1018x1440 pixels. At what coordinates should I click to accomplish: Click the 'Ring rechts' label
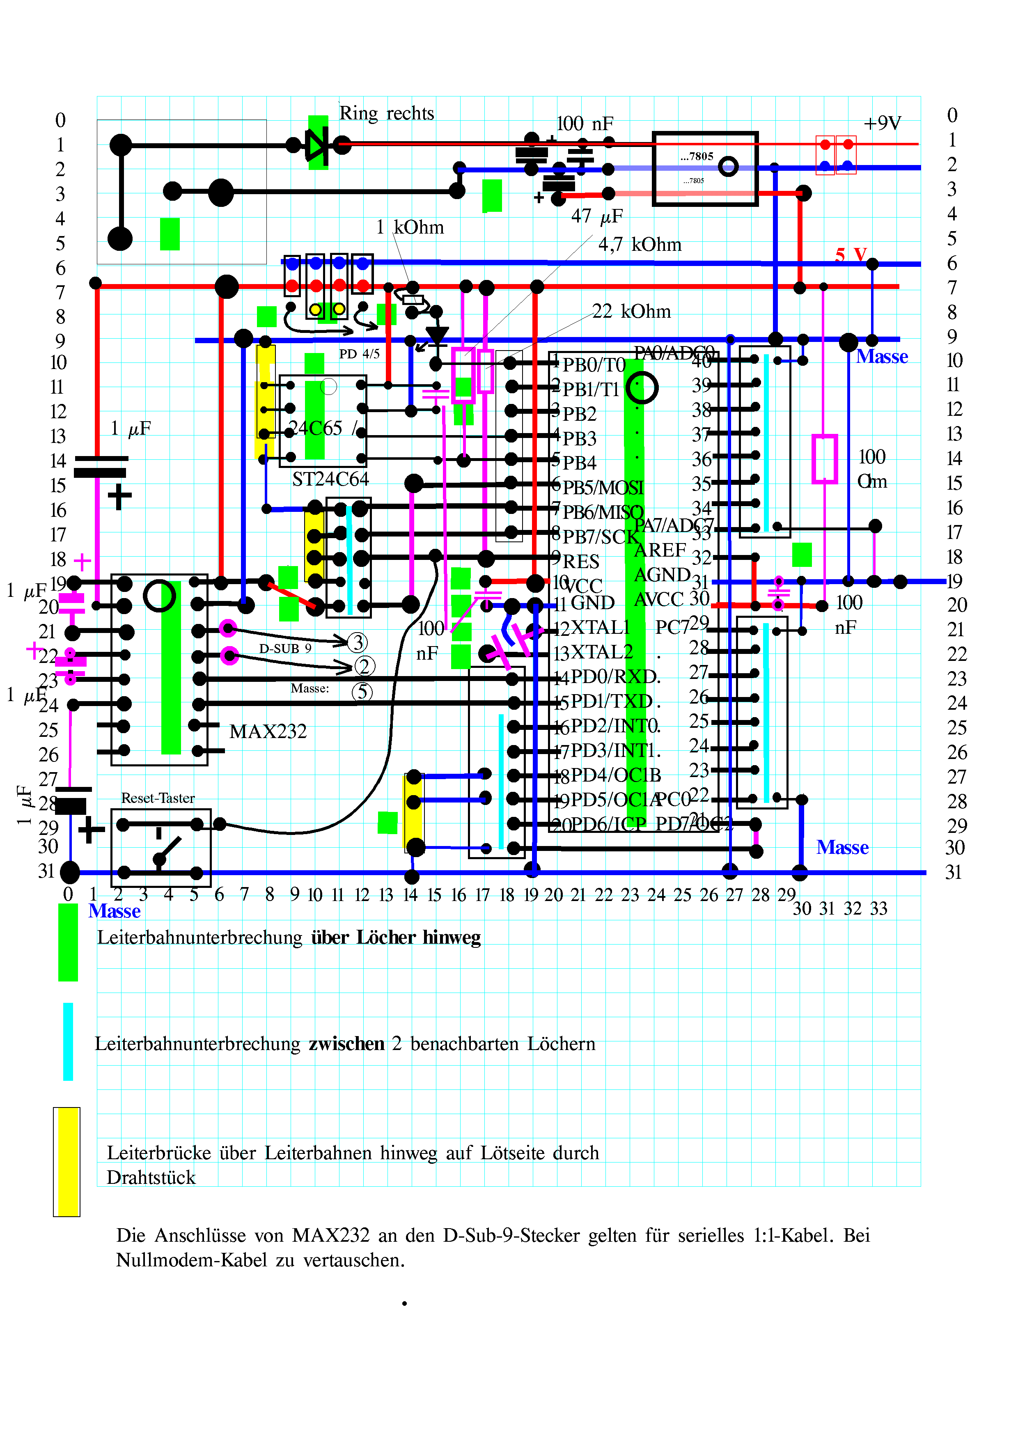386,114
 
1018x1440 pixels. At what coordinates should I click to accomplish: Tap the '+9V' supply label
882,124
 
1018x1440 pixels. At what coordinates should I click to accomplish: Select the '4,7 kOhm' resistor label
640,245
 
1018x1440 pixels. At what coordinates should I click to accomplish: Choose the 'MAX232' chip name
268,732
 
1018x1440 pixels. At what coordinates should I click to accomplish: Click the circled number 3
358,642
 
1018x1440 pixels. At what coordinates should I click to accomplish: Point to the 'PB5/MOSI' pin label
603,488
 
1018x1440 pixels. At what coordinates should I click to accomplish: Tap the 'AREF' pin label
660,550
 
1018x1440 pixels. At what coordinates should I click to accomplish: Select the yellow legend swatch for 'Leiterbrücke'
66,1162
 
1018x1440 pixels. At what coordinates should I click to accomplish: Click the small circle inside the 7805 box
728,167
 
